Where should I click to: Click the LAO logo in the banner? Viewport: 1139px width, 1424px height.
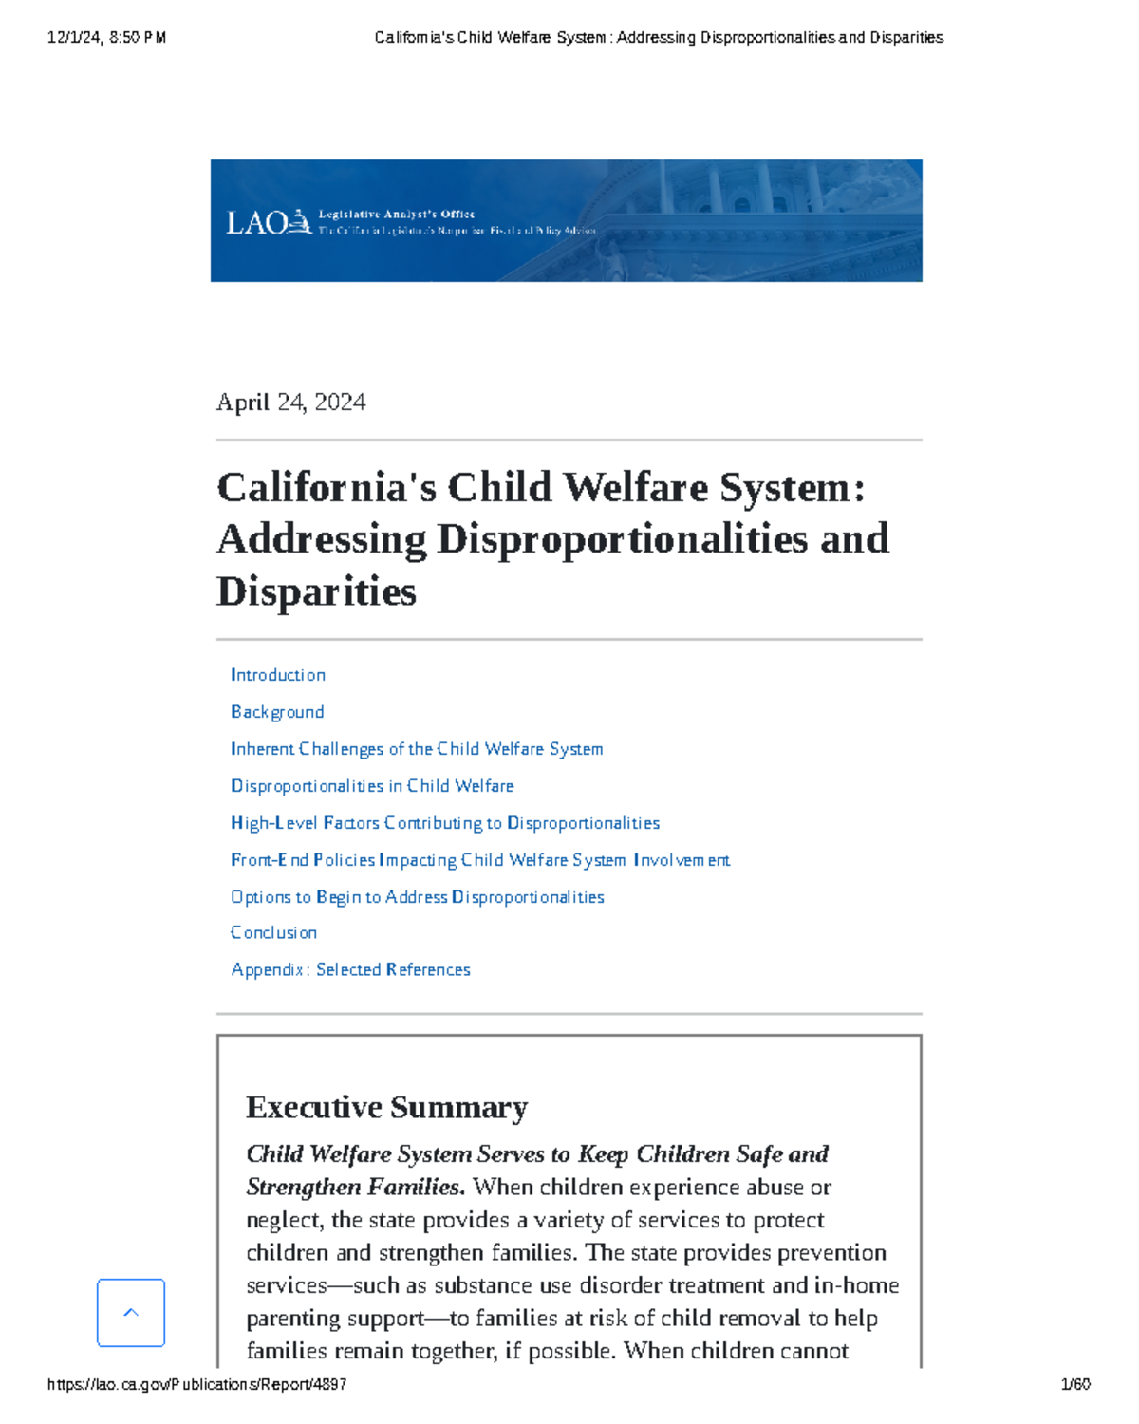[x=268, y=222]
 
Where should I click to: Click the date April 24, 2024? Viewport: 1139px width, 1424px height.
[x=290, y=403]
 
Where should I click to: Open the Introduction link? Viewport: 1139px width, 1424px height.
[x=277, y=675]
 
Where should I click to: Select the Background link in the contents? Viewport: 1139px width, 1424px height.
[x=277, y=712]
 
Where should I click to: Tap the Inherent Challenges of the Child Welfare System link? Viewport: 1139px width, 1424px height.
[x=417, y=749]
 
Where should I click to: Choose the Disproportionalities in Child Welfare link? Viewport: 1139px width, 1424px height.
[x=372, y=786]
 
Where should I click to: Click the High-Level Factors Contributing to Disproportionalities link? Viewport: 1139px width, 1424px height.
[x=445, y=823]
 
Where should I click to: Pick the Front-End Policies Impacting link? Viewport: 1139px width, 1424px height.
[x=480, y=860]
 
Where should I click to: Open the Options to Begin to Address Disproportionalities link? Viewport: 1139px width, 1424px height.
[x=418, y=897]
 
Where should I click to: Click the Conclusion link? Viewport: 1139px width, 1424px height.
[x=273, y=933]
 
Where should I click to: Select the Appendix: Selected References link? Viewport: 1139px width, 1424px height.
[x=351, y=970]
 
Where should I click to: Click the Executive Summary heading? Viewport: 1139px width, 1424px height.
[x=386, y=1108]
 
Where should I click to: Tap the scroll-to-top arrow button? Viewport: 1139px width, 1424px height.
[x=131, y=1313]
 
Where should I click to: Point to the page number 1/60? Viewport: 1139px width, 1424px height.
[x=1074, y=1385]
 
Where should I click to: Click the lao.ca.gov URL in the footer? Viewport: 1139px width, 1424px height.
[x=196, y=1385]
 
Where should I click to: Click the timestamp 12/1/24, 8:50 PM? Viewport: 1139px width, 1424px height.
[x=106, y=38]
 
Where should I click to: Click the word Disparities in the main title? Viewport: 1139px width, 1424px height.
[x=316, y=591]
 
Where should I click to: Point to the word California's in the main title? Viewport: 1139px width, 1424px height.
[x=327, y=488]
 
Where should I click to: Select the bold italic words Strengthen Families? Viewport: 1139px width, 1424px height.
[x=355, y=1188]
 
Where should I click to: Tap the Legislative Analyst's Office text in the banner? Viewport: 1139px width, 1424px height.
[x=396, y=215]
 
